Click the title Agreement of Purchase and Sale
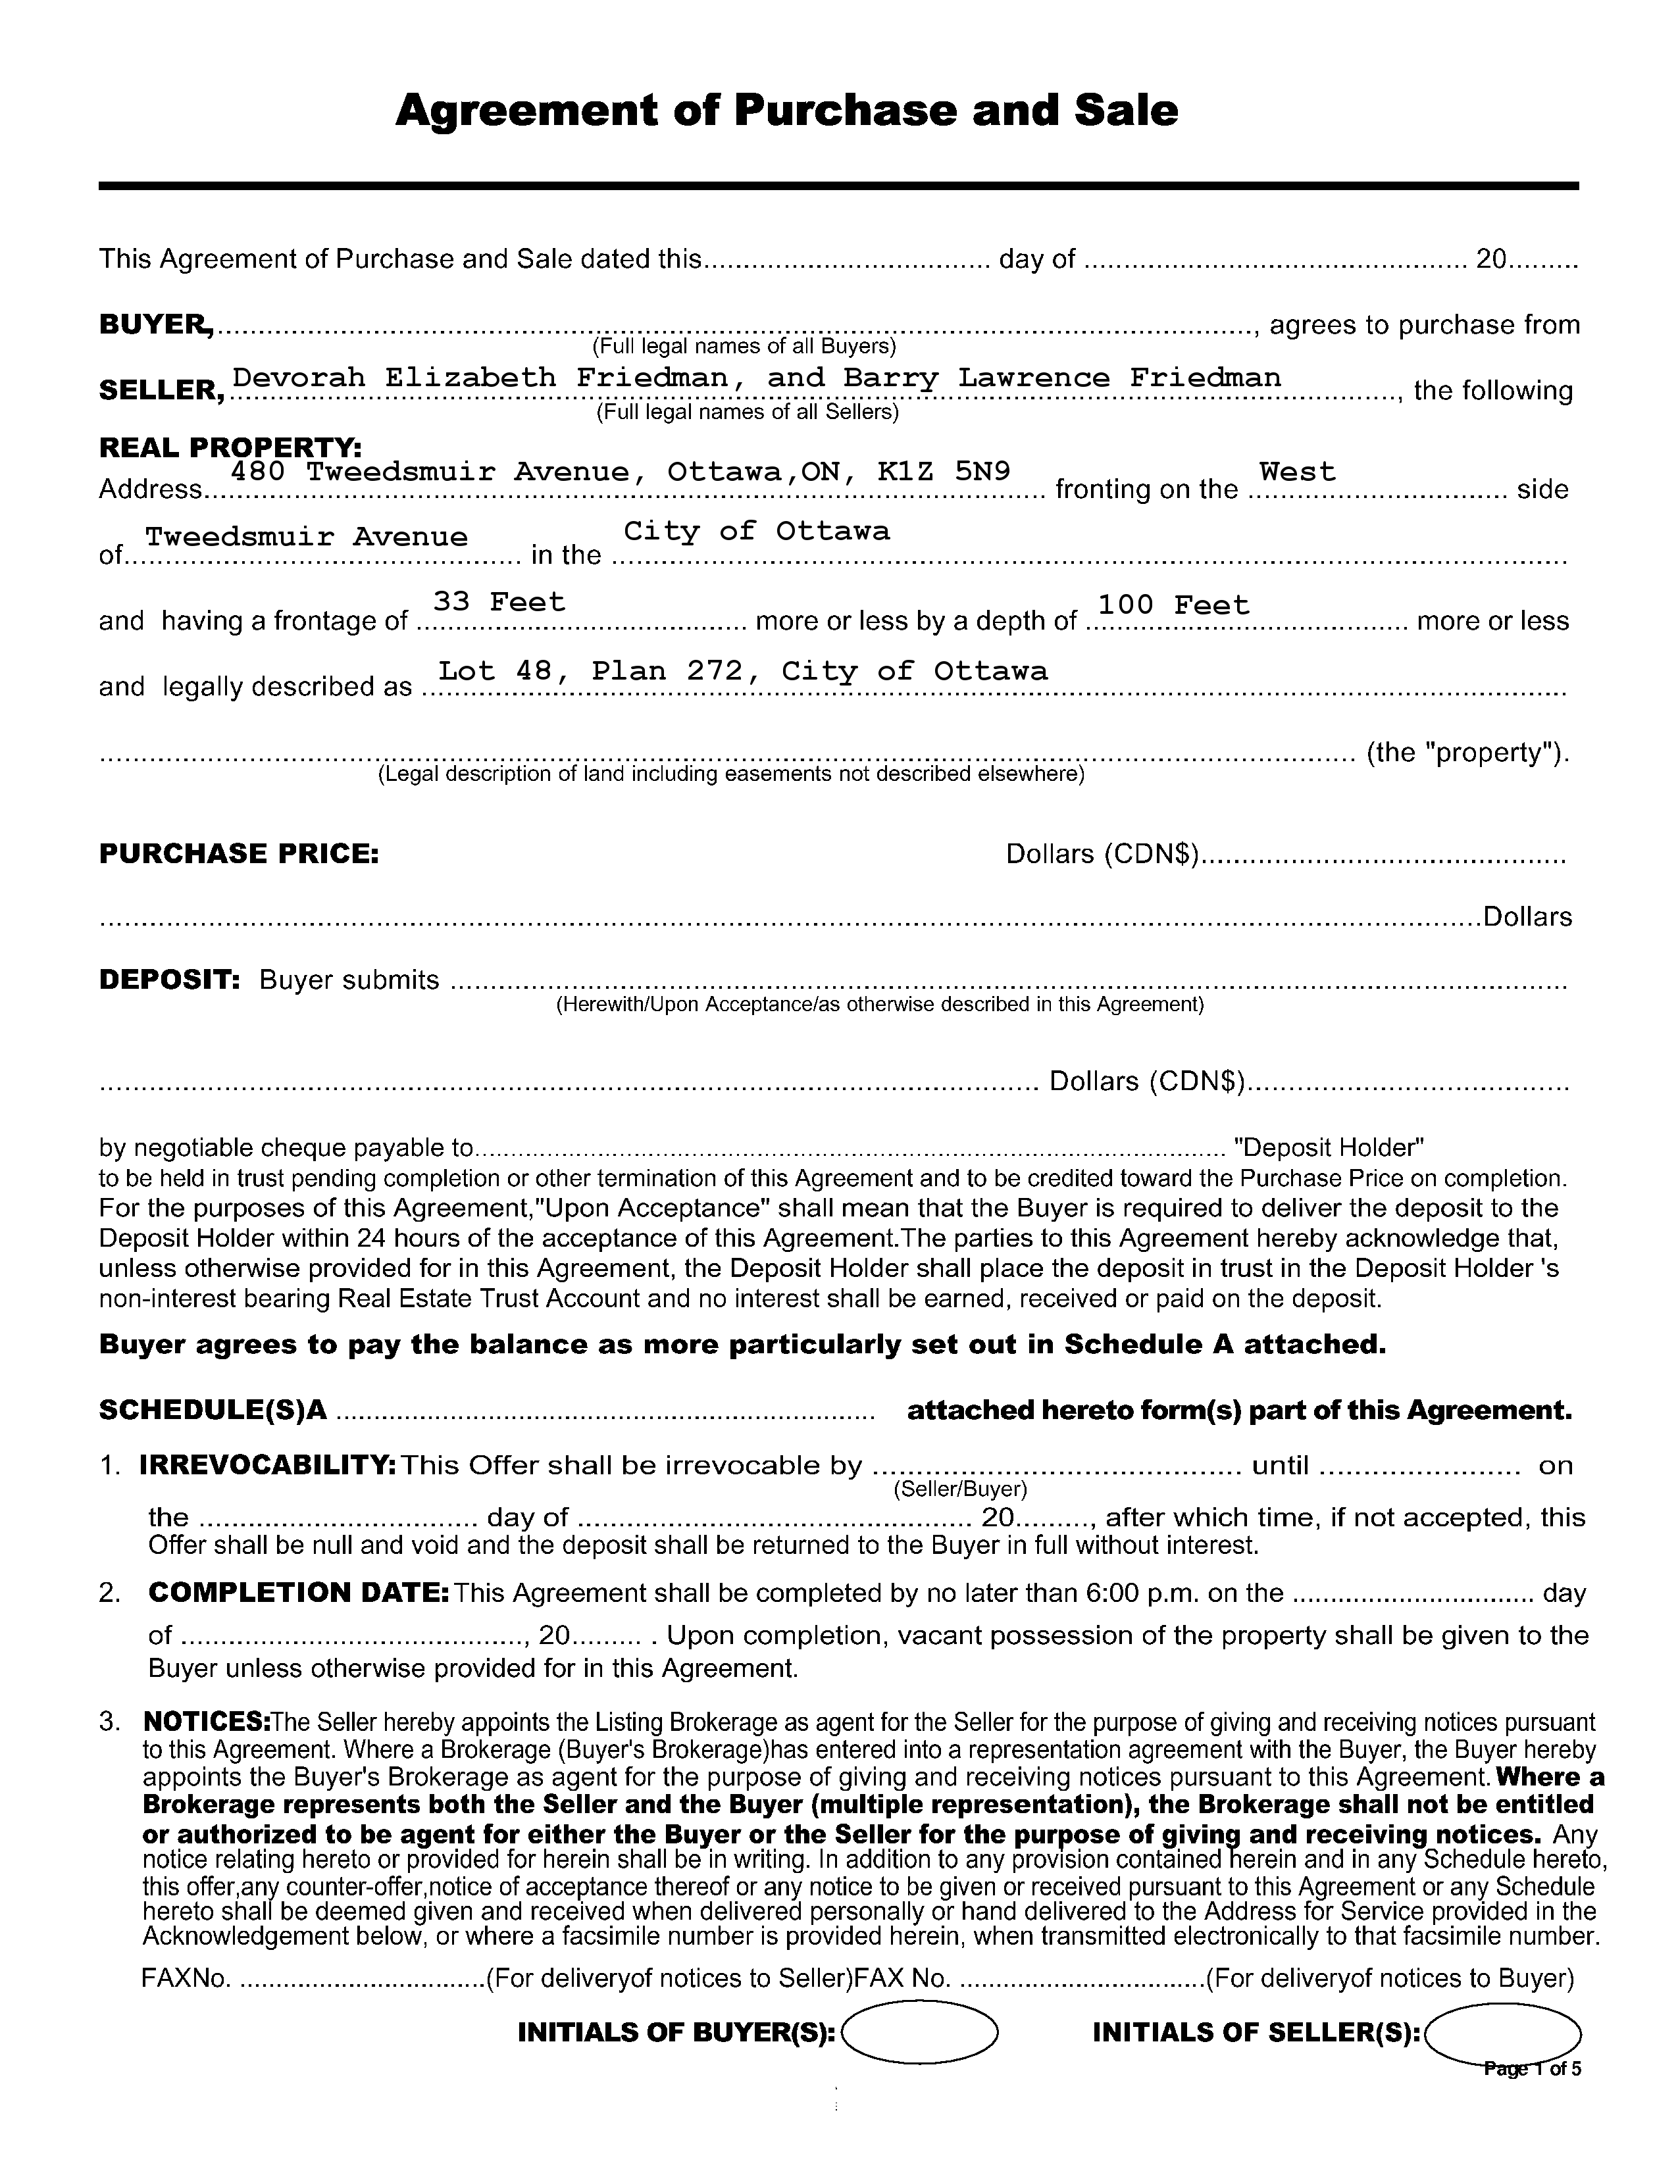point(786,111)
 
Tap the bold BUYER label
point(155,325)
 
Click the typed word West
point(1297,471)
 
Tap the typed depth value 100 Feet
point(1173,605)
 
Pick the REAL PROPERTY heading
point(230,447)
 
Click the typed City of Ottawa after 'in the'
point(757,532)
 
